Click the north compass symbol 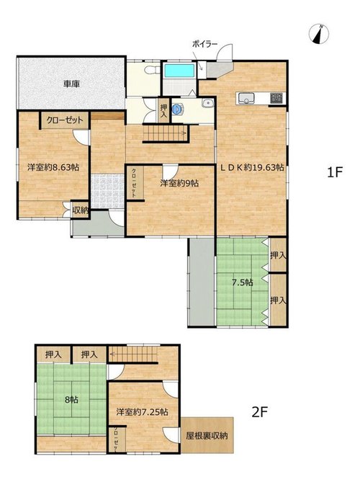(319, 34)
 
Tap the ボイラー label (204, 44)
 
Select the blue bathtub (179, 71)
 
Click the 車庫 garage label (72, 84)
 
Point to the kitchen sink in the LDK (246, 98)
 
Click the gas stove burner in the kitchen (276, 98)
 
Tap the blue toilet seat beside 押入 (178, 110)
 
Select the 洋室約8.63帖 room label (53, 167)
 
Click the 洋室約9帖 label (180, 183)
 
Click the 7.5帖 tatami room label (243, 282)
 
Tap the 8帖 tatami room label (71, 399)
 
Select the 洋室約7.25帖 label (143, 412)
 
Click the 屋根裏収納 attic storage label (207, 436)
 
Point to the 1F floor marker (335, 172)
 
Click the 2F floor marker (259, 412)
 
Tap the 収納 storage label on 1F (80, 210)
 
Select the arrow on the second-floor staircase (133, 354)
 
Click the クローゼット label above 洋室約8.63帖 (65, 120)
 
